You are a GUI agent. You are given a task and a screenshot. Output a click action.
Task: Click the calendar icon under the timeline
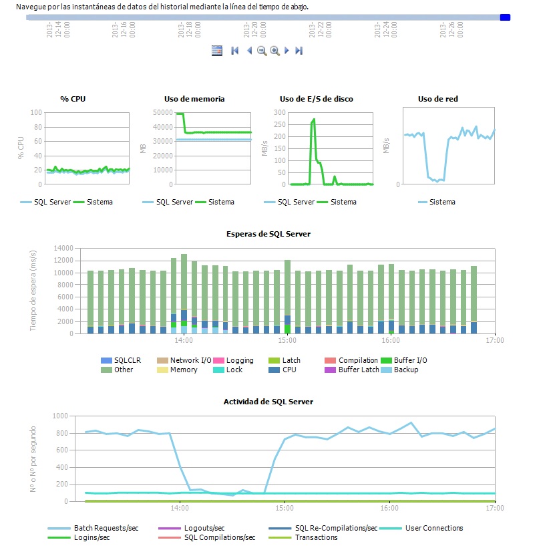tap(216, 50)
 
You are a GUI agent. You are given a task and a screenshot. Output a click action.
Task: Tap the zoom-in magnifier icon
tap(274, 50)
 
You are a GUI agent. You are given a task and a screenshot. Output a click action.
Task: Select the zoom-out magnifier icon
tap(262, 50)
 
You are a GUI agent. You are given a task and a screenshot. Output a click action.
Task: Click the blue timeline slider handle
tap(505, 17)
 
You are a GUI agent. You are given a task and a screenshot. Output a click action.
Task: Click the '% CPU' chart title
tap(73, 99)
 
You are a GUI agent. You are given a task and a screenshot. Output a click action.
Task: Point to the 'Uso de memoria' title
tap(194, 99)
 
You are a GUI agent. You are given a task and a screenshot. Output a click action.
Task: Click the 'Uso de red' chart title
tap(437, 99)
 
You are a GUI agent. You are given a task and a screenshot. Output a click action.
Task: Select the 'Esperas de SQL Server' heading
tap(268, 234)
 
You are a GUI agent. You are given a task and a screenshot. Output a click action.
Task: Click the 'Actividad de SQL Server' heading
tap(268, 402)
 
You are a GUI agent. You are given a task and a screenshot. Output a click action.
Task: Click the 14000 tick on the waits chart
tap(64, 249)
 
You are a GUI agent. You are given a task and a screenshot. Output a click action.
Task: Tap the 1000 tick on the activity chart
tap(60, 416)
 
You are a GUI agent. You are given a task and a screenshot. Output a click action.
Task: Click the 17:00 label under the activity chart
tap(494, 509)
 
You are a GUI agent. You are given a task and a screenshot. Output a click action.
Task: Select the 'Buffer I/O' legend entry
tap(410, 360)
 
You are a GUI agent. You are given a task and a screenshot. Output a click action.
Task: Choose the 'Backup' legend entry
tap(405, 370)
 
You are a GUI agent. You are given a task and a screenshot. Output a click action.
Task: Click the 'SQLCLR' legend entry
tap(127, 360)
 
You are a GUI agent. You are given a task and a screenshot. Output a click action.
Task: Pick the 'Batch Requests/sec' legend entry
tap(106, 528)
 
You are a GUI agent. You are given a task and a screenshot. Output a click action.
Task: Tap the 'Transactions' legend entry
tap(316, 537)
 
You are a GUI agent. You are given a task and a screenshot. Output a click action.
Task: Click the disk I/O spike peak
tap(314, 120)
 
